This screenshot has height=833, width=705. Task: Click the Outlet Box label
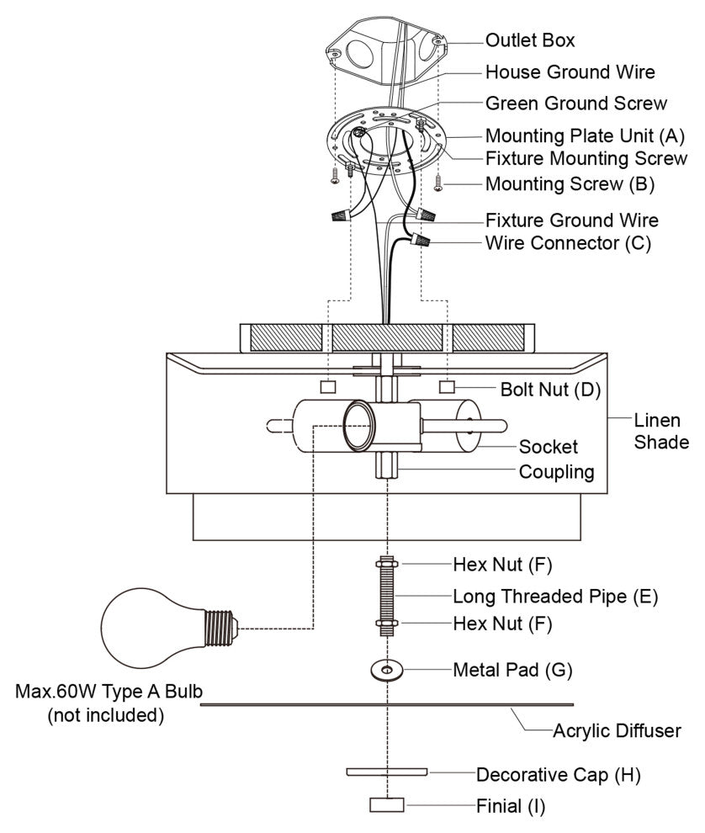coord(530,40)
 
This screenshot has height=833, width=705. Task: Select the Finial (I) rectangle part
coord(387,805)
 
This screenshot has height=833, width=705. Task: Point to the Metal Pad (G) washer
coord(386,670)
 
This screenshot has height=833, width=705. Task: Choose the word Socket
coord(548,447)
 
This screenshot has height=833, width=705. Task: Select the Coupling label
coord(556,471)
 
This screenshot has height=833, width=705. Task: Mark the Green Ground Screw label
coord(575,103)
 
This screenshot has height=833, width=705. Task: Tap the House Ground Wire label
coord(570,72)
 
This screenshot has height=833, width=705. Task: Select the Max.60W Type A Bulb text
coord(109,692)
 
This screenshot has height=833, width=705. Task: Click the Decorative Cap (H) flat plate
coord(386,771)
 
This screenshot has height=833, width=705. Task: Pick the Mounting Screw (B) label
coord(570,183)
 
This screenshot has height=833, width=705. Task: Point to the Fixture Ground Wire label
coord(571,220)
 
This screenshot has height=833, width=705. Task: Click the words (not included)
coord(104,717)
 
